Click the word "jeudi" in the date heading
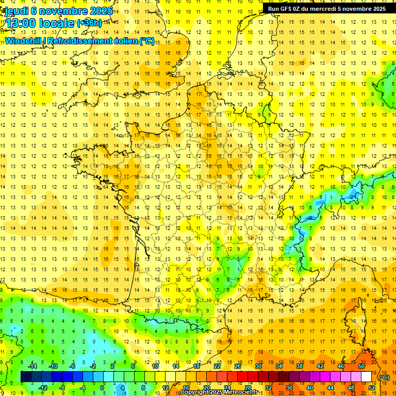click(16, 11)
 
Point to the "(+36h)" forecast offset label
click(89, 23)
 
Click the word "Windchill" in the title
click(23, 41)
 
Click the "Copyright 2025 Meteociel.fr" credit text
click(220, 392)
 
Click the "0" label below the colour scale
click(102, 388)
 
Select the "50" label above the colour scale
click(361, 366)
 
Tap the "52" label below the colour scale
click(372, 388)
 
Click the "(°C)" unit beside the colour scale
click(384, 377)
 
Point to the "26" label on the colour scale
click(238, 366)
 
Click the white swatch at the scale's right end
click(367, 377)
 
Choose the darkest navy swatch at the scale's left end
click(26, 377)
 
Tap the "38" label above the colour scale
click(300, 366)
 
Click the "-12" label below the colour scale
click(43, 388)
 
